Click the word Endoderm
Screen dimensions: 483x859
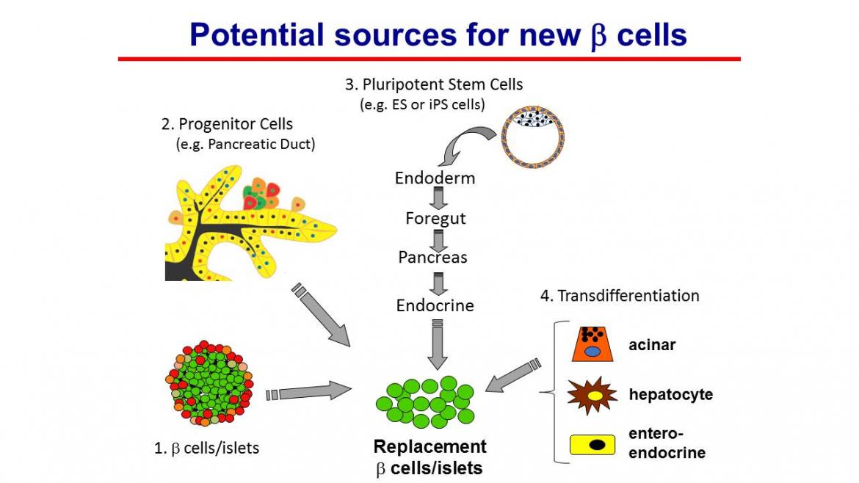435,178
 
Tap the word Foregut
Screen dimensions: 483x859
436,218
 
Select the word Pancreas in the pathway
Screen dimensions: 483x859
433,257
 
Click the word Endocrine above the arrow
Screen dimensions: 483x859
435,305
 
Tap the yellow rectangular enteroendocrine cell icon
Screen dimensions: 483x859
592,444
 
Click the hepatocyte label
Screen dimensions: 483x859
670,395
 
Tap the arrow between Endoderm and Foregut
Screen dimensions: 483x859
439,198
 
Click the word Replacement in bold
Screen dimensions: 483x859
429,447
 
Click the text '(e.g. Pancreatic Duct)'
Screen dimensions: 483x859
245,144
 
